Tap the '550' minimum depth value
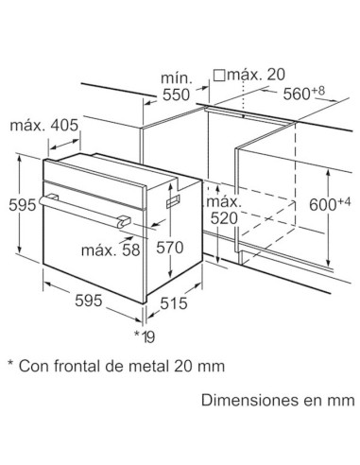(x=176, y=95)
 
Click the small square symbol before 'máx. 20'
(x=219, y=75)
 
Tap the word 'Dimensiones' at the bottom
(x=242, y=401)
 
